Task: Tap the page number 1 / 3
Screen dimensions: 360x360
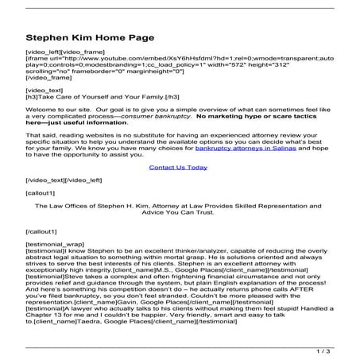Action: pyautogui.click(x=339, y=350)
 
